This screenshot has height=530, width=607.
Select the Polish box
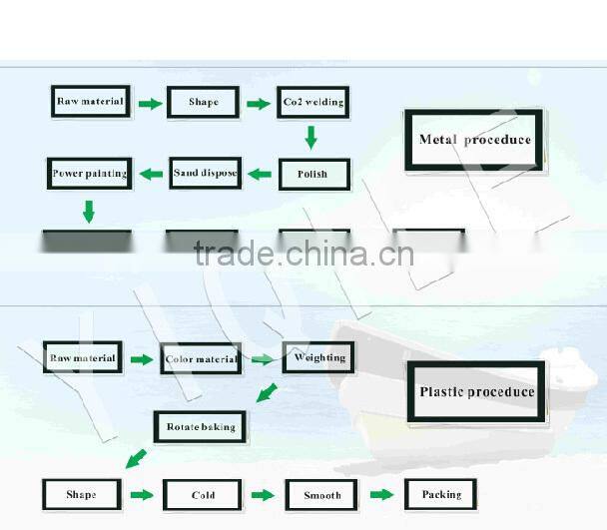[312, 175]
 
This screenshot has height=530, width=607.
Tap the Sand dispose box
[205, 174]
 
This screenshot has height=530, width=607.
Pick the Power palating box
[90, 174]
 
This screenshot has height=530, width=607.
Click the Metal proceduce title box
[474, 140]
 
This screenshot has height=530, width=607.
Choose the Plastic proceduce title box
[477, 393]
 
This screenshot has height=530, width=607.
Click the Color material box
[201, 359]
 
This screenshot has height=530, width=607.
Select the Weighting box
[318, 357]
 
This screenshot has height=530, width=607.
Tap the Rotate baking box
[201, 427]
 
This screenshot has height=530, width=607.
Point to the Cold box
[203, 495]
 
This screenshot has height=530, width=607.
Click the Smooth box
[321, 495]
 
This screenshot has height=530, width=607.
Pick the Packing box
[440, 494]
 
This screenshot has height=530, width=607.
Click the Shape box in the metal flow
[203, 103]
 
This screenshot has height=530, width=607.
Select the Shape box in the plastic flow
[82, 495]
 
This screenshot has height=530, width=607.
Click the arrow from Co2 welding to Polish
[311, 137]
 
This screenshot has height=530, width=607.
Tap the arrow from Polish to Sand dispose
[260, 175]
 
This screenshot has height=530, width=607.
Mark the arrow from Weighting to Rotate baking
[267, 392]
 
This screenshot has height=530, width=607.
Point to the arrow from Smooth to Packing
[381, 494]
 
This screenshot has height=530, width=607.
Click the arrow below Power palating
[88, 211]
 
